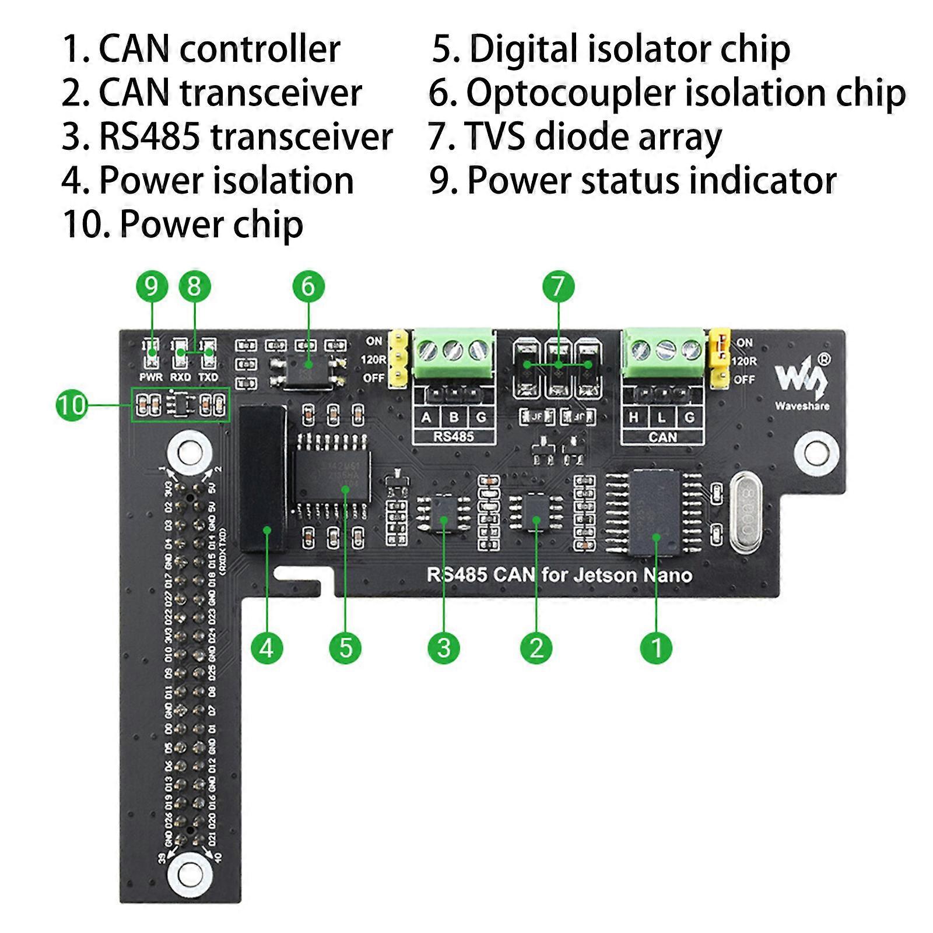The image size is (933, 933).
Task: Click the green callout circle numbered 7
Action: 558,286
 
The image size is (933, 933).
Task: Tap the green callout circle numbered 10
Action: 72,405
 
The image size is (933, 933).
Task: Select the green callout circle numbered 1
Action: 656,647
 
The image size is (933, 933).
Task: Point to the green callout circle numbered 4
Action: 266,647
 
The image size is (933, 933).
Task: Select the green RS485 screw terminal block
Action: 454,356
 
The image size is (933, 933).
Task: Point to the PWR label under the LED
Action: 151,377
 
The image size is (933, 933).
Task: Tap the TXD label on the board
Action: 208,377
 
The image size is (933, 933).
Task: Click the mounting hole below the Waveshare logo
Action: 816,451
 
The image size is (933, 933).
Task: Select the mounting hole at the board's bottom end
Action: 189,873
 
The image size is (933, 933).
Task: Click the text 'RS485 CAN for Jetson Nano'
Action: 559,576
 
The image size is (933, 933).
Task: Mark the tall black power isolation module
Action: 263,478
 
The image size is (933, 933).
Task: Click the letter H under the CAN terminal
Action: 634,418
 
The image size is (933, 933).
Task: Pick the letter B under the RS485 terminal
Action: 454,417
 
